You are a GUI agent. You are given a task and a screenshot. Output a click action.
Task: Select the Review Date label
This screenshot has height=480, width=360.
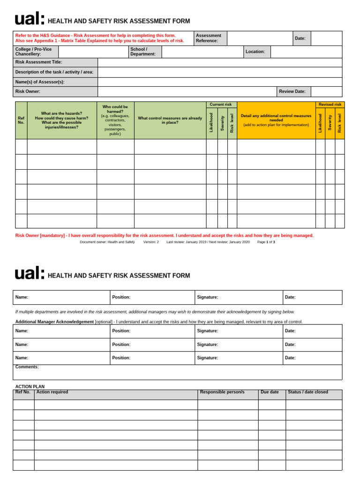pos(292,91)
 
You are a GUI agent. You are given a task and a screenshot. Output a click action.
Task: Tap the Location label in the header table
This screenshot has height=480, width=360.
pos(256,52)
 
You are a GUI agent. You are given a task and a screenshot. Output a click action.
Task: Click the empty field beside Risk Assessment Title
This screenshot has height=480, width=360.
pos(220,62)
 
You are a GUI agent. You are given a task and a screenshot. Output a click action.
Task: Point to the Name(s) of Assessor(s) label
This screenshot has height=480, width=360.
pos(40,82)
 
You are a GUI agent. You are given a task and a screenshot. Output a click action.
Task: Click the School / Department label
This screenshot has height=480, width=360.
pos(143,52)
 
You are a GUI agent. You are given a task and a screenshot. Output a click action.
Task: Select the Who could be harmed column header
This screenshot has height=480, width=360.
pos(115,120)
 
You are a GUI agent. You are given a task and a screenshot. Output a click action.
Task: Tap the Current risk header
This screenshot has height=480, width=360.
pos(221,104)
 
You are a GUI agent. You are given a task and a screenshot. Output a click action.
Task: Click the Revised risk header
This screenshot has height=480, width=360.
pos(330,104)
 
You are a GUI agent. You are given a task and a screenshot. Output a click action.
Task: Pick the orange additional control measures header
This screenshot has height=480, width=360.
pos(276,120)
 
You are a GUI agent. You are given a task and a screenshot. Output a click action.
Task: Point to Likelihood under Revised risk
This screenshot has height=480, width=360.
pos(320,122)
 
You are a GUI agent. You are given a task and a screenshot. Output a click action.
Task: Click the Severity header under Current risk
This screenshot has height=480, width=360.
pos(222,123)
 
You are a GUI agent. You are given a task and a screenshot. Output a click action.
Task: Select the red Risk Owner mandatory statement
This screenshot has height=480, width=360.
pos(165,235)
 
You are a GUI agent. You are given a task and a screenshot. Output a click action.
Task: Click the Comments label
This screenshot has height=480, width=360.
pos(27,367)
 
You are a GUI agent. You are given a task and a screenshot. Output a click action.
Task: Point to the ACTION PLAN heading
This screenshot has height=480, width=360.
pos(30,387)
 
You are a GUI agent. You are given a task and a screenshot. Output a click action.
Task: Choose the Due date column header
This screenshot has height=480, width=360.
pos(270,392)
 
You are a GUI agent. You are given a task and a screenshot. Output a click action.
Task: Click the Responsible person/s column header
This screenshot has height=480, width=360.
pos(222,392)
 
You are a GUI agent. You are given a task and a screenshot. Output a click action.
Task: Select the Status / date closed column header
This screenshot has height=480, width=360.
pos(308,392)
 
